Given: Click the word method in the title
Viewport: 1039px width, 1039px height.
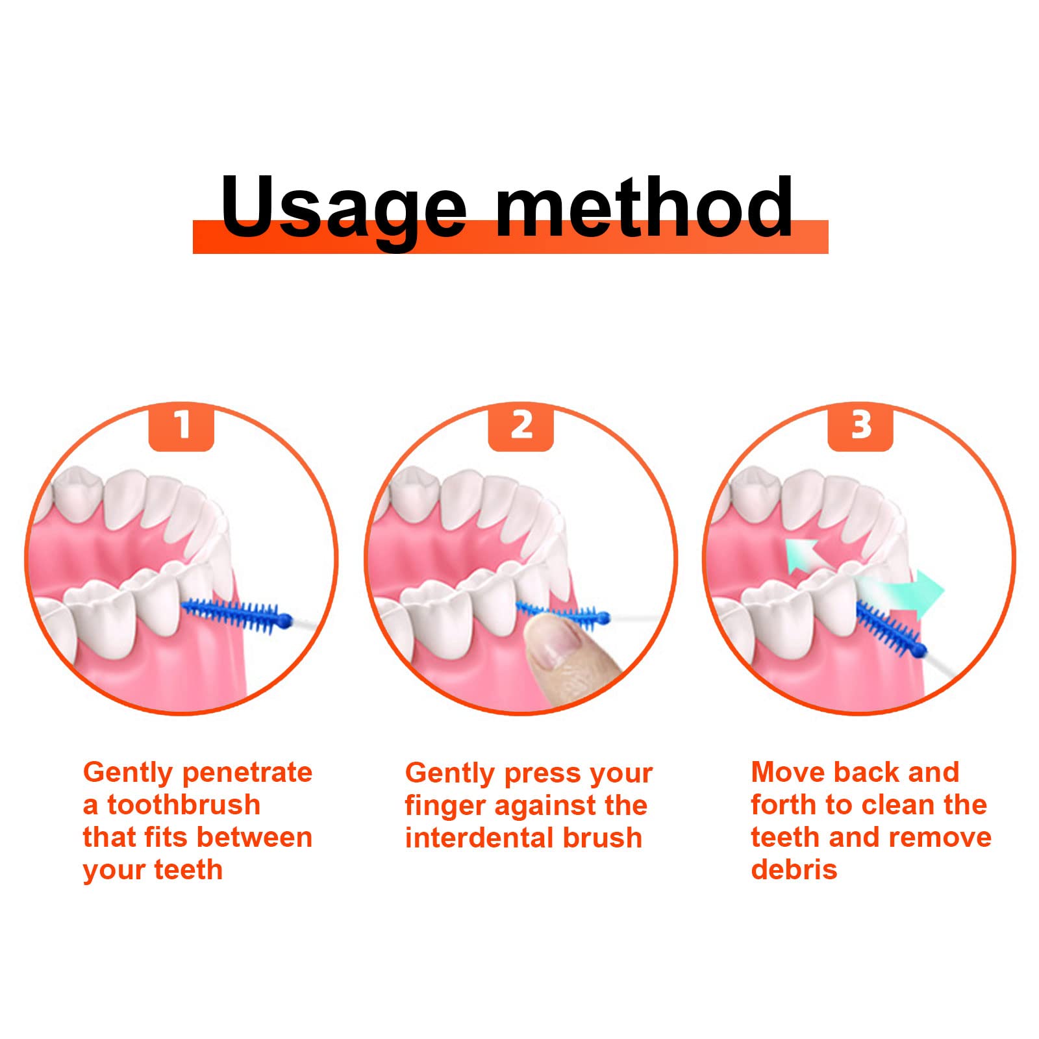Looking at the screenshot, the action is (644, 206).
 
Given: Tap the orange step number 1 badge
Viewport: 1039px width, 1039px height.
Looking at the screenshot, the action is (181, 427).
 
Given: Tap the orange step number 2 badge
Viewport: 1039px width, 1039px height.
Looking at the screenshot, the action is (521, 427).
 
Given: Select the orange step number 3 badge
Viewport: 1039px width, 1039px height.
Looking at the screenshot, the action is (860, 427).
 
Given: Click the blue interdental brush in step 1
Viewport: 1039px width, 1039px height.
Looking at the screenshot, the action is (237, 614).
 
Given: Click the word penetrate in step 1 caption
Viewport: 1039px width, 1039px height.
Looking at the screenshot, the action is (247, 773).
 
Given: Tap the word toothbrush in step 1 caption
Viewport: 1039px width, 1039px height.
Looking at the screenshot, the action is (184, 805).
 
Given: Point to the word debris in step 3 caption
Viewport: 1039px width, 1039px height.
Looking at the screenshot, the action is (794, 870).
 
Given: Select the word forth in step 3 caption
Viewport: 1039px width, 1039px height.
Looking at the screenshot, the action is (784, 805).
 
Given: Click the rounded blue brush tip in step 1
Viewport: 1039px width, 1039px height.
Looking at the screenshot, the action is (286, 620).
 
